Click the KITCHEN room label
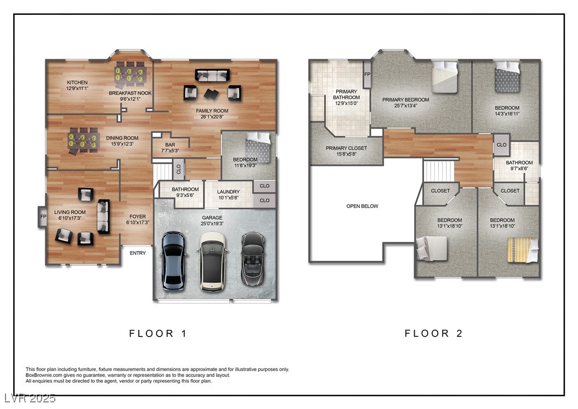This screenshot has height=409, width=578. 77,82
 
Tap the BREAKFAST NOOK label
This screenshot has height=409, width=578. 130,93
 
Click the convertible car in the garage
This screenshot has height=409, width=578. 253,259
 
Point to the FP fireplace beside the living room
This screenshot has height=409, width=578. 43,217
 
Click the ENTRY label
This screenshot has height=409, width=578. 138,253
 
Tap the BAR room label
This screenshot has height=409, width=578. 170,145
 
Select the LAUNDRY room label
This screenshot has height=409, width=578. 228,192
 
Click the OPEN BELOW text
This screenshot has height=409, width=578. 362,206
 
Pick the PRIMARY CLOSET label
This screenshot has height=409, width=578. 346,148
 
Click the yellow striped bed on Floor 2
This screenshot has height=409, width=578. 523,250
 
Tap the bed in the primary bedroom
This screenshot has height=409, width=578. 445,77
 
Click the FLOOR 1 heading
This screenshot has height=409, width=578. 158,333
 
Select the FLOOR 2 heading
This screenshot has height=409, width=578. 433,333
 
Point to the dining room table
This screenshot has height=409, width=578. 83,141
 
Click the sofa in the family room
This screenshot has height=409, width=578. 212,75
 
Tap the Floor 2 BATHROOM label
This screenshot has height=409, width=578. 519,163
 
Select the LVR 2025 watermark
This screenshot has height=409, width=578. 30,398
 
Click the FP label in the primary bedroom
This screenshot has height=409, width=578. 367,74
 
